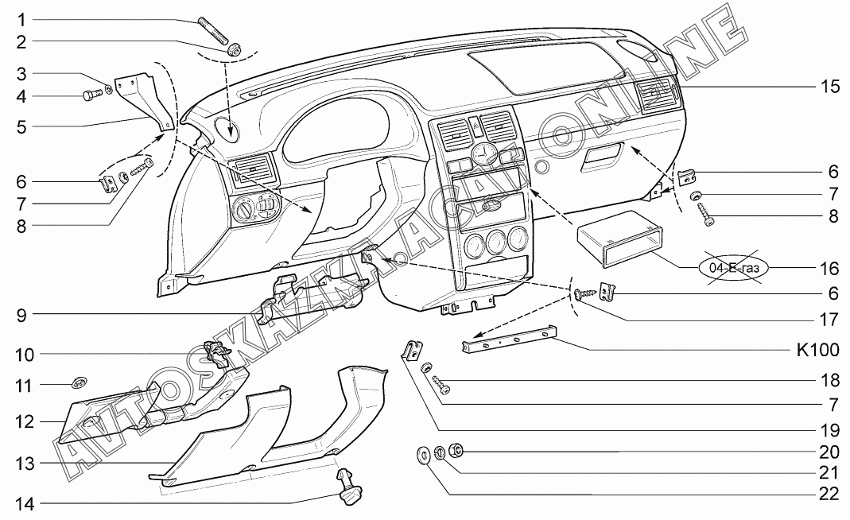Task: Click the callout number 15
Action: coord(829,86)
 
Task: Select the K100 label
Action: coord(817,350)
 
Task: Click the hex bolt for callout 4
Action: coord(93,95)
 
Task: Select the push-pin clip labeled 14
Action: coord(349,487)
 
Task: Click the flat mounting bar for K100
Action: coord(510,339)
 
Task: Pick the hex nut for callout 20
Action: coord(456,449)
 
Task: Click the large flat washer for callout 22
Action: coord(423,454)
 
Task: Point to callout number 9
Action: coord(21,315)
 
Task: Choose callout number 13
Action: coord(25,464)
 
